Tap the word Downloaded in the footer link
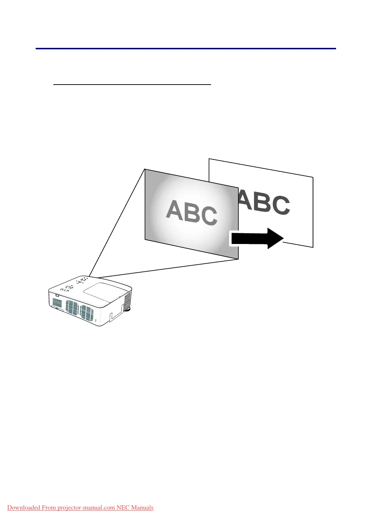point(23,508)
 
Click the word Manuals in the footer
point(142,508)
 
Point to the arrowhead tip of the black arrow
point(283,238)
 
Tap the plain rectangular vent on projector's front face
point(57,303)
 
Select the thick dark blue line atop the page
point(185,48)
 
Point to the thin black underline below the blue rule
point(132,84)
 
